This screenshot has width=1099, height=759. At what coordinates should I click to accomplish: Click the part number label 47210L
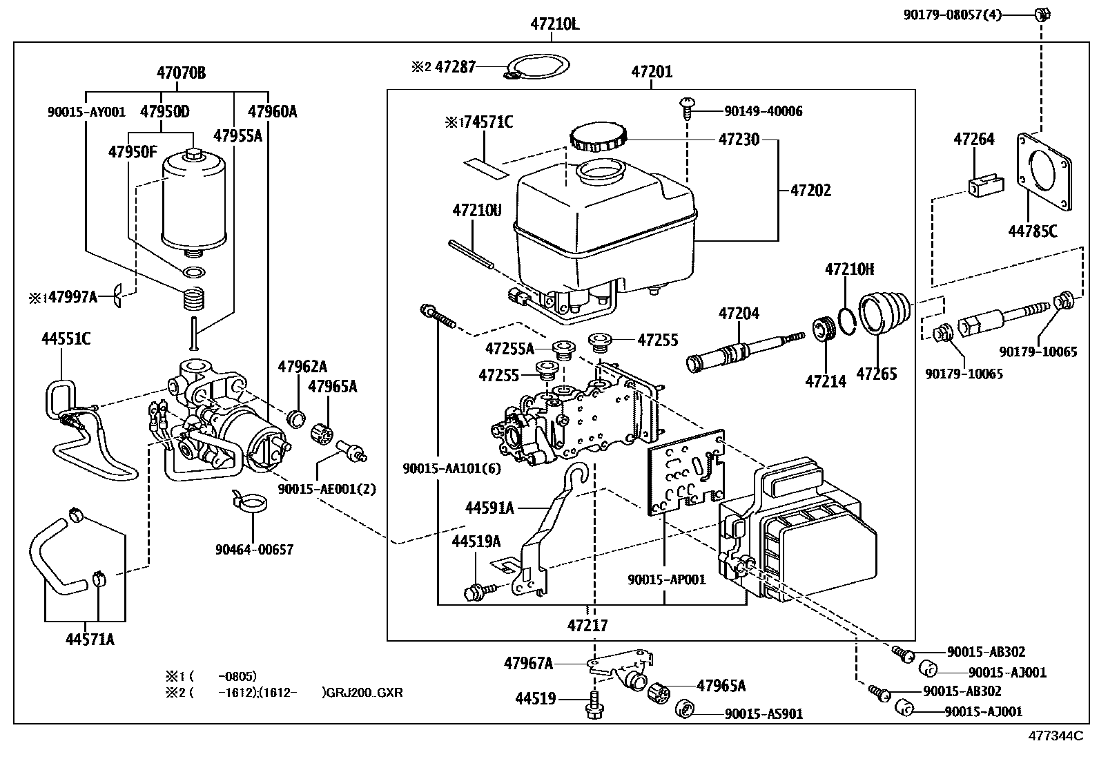pyautogui.click(x=554, y=24)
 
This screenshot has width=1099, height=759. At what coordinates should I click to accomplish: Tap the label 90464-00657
pyautogui.click(x=253, y=550)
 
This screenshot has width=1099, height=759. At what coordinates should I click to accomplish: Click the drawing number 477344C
pyautogui.click(x=1056, y=736)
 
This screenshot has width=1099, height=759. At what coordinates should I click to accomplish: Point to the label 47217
pyautogui.click(x=587, y=626)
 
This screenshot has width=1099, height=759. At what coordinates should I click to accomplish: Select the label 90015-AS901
pyautogui.click(x=764, y=714)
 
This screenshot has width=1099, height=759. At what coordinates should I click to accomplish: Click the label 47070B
pyautogui.click(x=181, y=73)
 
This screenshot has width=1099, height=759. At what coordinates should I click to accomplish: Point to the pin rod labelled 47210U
pyautogui.click(x=471, y=255)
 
